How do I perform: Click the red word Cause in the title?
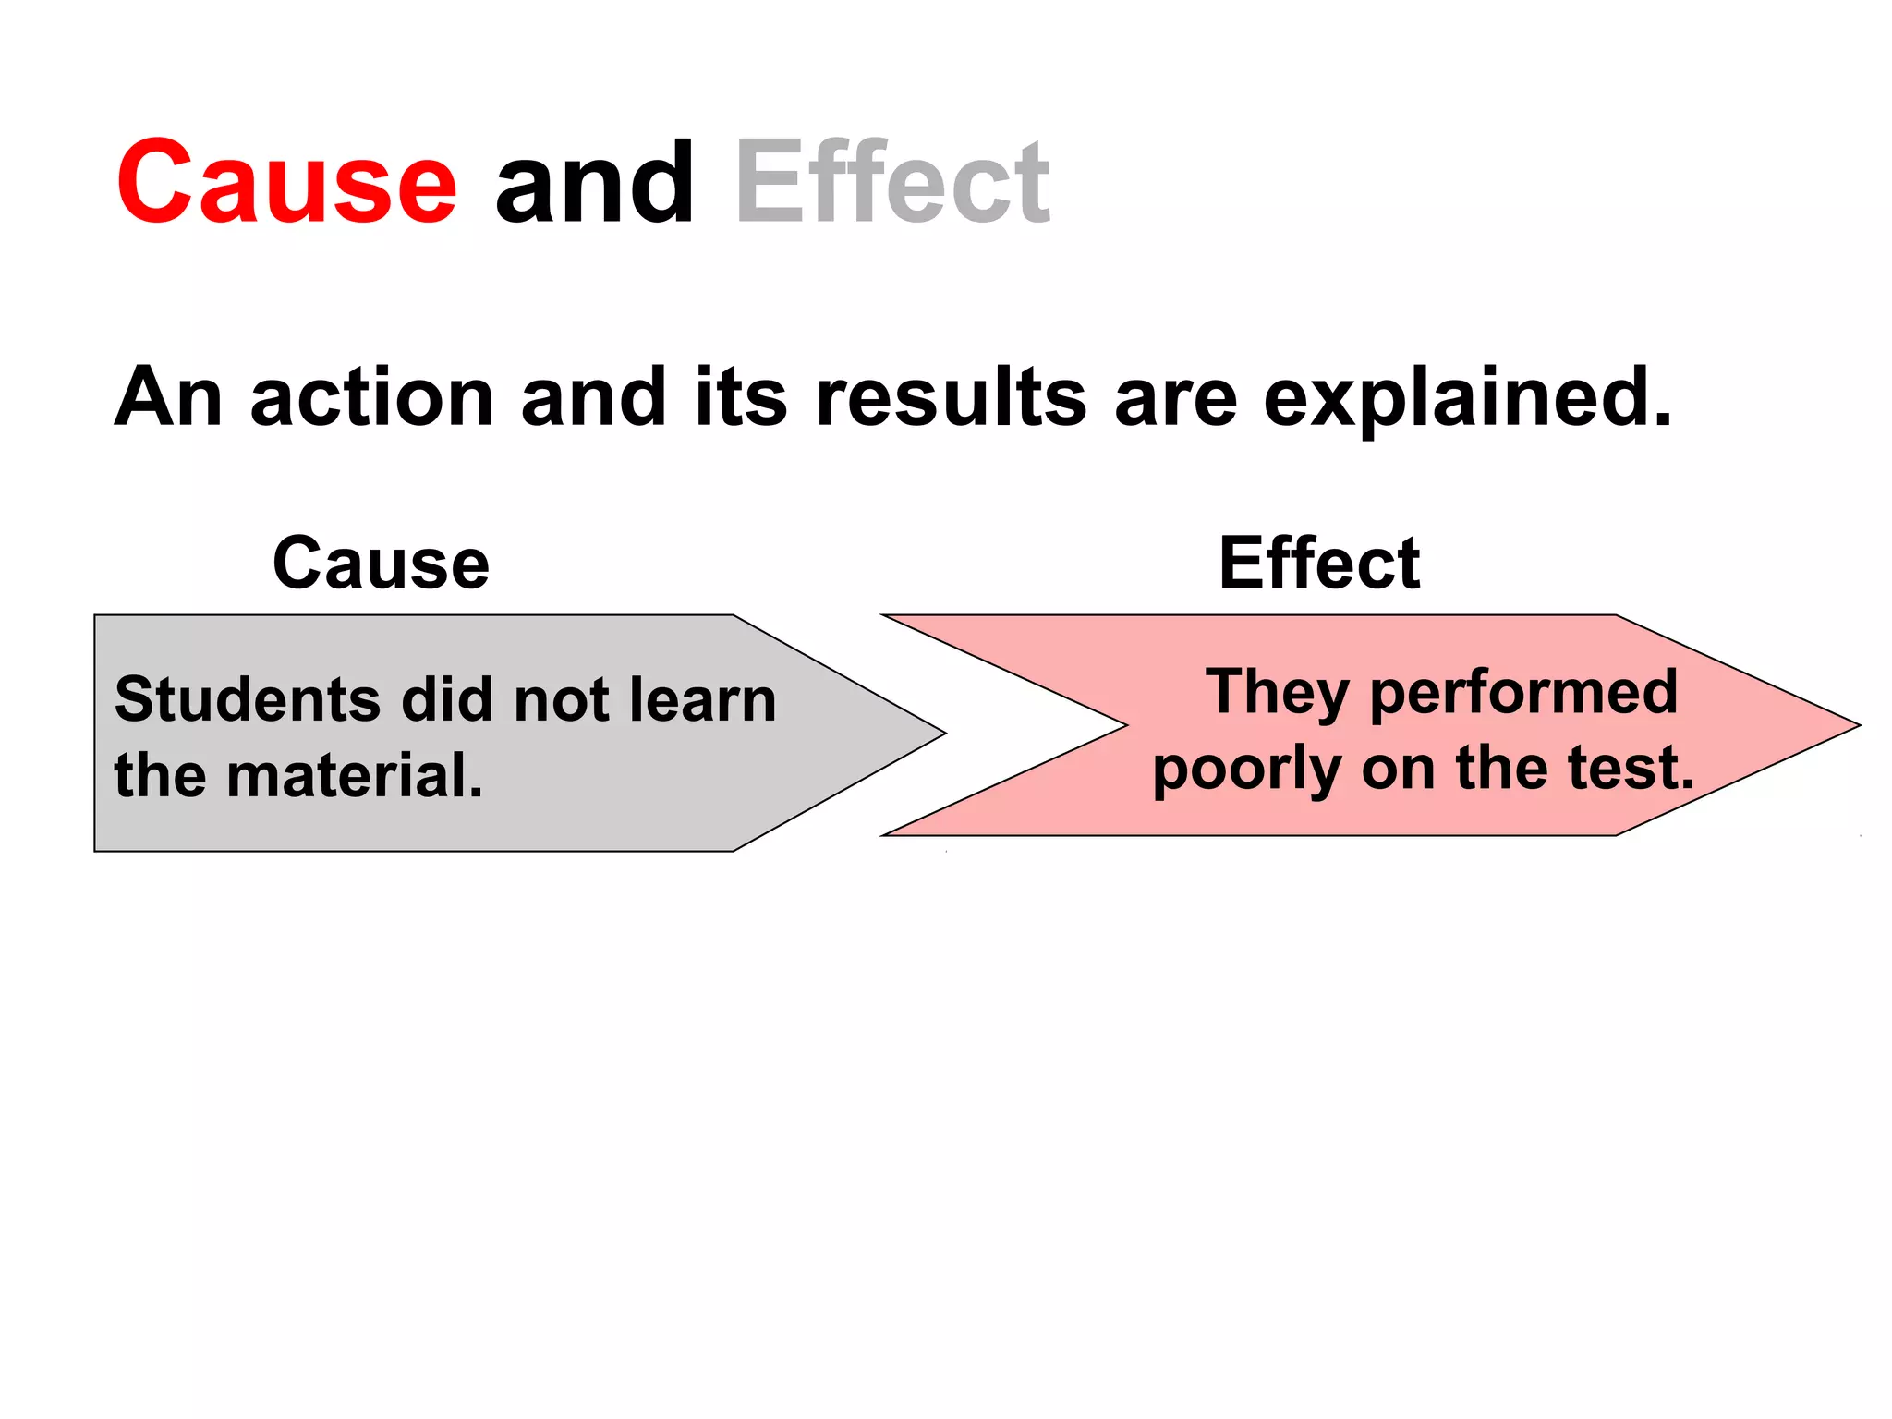point(286,182)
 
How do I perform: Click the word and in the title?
point(594,182)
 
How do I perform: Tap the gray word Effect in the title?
point(892,182)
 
